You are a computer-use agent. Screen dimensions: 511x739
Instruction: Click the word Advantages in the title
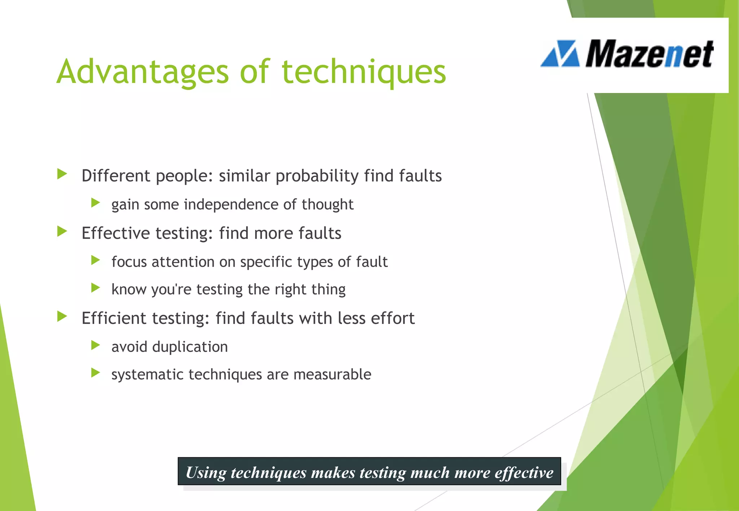pyautogui.click(x=143, y=72)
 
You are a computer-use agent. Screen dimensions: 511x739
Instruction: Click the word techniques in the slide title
pyautogui.click(x=364, y=72)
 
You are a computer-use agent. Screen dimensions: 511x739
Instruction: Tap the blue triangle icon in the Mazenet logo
pyautogui.click(x=560, y=54)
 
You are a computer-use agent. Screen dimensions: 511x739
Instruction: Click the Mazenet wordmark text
pyautogui.click(x=649, y=54)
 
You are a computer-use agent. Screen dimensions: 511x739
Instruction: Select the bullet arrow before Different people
pyautogui.click(x=62, y=174)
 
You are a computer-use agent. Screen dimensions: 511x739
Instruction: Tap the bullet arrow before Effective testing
pyautogui.click(x=62, y=231)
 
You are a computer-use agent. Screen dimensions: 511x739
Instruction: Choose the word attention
pyautogui.click(x=183, y=262)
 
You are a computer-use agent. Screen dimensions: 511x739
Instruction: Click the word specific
pyautogui.click(x=266, y=262)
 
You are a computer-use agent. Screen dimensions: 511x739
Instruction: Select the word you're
pyautogui.click(x=171, y=290)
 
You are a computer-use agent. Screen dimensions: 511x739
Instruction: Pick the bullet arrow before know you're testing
pyautogui.click(x=96, y=288)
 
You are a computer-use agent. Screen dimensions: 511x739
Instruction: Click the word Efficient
pyautogui.click(x=114, y=318)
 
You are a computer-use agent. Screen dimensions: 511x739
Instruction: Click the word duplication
pyautogui.click(x=190, y=347)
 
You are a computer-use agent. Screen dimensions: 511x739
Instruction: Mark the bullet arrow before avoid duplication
pyautogui.click(x=96, y=345)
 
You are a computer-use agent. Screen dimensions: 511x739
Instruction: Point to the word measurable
pyautogui.click(x=332, y=374)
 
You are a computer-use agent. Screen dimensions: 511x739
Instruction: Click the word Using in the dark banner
pyautogui.click(x=206, y=472)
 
